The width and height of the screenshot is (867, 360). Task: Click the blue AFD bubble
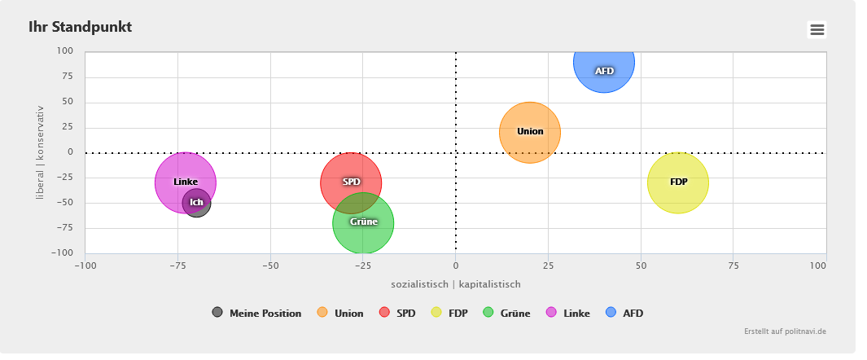tap(603, 64)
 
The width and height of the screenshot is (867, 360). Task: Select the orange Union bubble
tap(530, 132)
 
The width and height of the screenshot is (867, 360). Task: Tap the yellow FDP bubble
tap(678, 182)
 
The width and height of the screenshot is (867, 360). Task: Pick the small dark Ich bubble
tap(196, 203)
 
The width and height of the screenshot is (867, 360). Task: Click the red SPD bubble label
tap(351, 182)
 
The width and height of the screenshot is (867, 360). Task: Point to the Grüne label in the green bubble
tap(363, 222)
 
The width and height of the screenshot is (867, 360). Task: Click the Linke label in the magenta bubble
tap(186, 182)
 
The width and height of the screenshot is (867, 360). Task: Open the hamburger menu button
tap(817, 30)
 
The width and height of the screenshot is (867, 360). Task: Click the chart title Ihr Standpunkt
tap(80, 27)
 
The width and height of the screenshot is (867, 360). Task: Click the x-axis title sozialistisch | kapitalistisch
tap(455, 284)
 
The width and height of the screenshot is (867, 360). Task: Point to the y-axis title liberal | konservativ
tap(40, 152)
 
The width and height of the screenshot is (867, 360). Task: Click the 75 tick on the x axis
tap(733, 266)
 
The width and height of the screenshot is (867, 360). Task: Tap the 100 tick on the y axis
tap(65, 51)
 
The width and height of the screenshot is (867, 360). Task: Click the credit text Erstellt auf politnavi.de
tap(785, 331)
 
